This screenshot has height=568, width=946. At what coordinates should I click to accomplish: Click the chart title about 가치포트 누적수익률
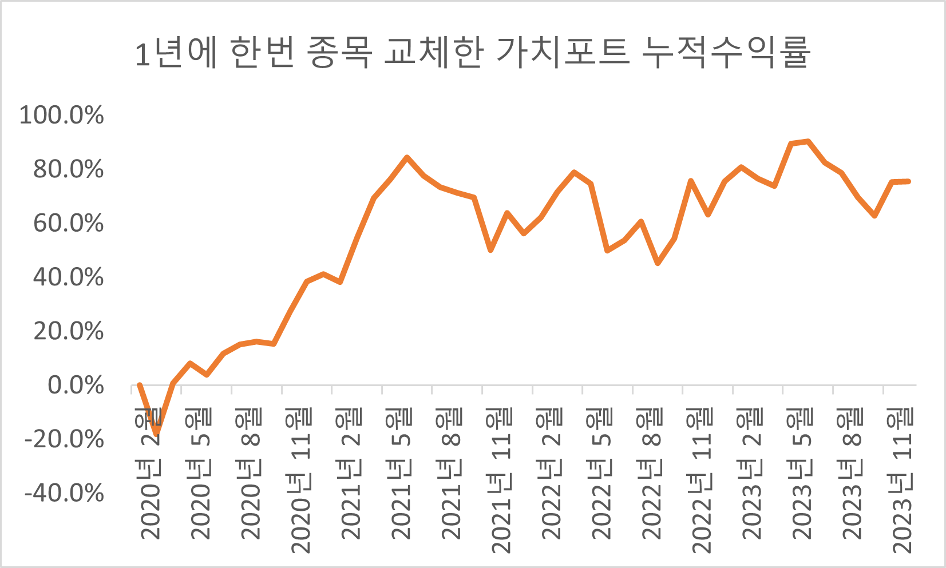(x=472, y=53)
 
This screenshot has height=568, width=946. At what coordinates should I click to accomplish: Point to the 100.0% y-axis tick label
(x=62, y=115)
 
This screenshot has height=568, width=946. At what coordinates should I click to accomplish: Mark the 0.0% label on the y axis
(x=76, y=386)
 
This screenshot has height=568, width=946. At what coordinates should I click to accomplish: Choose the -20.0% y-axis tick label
(x=64, y=439)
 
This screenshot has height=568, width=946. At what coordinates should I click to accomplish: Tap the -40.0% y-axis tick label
(x=64, y=493)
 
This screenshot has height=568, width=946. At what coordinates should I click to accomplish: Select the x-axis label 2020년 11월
(x=300, y=480)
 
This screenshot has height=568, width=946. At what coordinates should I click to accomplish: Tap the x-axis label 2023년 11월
(x=902, y=480)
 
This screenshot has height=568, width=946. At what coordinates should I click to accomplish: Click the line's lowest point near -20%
(x=156, y=434)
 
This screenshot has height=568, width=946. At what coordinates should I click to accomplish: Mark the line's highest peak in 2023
(x=808, y=141)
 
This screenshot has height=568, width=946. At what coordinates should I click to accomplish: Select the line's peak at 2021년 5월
(x=407, y=157)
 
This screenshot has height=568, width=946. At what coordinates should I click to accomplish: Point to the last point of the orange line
(x=908, y=181)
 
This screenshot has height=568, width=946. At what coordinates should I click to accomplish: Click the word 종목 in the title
(x=339, y=53)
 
